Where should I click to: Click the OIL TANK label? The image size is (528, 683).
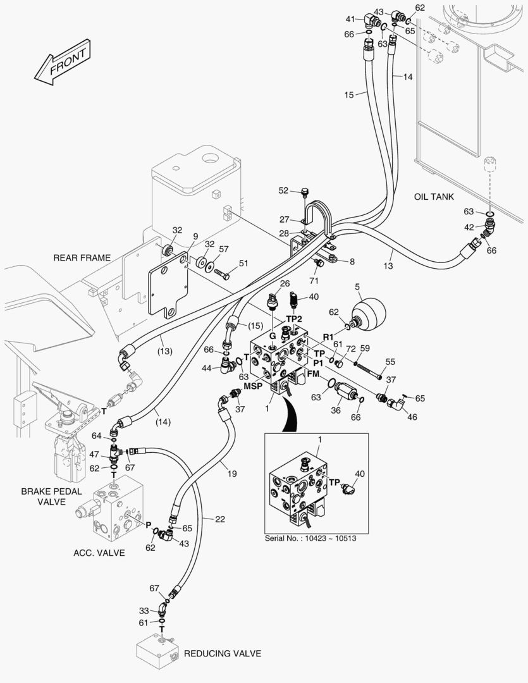point(434,197)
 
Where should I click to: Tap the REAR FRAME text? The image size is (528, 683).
point(82,257)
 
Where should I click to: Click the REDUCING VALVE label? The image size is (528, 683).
point(222,653)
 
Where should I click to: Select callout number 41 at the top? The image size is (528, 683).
point(350,18)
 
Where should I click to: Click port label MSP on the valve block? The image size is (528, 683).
point(253,386)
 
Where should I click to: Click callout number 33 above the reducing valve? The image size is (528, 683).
point(144,611)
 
